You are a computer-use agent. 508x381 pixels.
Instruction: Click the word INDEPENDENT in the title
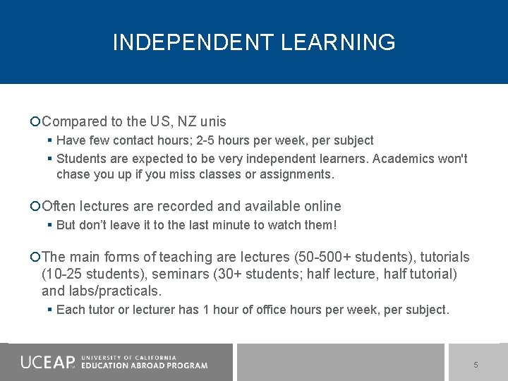(x=193, y=42)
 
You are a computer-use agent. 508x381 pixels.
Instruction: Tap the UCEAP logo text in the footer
(x=47, y=363)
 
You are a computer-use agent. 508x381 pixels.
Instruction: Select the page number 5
(x=476, y=365)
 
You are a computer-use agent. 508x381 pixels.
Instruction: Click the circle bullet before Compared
(x=36, y=122)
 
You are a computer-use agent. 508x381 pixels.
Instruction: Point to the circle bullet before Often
(x=36, y=207)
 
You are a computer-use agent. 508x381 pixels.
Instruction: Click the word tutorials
(x=442, y=257)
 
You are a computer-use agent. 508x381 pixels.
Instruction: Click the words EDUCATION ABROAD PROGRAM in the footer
(x=145, y=365)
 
